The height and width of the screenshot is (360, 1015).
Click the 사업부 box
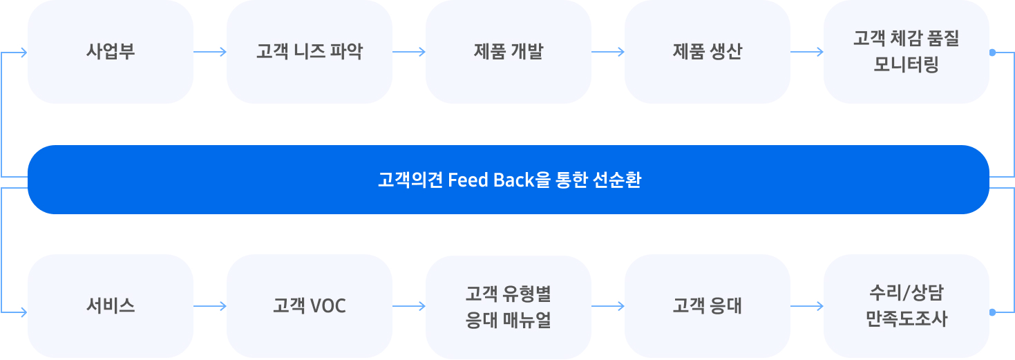111,52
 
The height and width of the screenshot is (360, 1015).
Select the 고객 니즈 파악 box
310,52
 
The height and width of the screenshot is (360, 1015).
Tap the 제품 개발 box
509,52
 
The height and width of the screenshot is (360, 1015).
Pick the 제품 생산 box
708,52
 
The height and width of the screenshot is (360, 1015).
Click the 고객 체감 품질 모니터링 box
907,52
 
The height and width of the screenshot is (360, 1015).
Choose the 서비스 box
111,306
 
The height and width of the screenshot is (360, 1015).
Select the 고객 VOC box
310,306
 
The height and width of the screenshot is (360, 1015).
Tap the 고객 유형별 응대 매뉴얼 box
509,306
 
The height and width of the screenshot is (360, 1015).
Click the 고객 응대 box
708,306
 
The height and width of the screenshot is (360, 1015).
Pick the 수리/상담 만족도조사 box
907,306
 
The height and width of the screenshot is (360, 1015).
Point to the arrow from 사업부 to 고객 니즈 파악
210,52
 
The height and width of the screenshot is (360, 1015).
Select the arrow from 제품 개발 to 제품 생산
608,52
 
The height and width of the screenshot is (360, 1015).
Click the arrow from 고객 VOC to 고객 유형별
409,306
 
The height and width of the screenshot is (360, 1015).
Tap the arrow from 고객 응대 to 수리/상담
807,306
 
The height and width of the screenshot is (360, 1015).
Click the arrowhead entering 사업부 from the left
23,52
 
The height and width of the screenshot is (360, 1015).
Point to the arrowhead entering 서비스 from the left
23,312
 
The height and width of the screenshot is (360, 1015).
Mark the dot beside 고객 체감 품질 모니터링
992,52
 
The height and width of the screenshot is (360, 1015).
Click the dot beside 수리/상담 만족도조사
992,312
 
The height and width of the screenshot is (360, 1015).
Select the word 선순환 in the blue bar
617,180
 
